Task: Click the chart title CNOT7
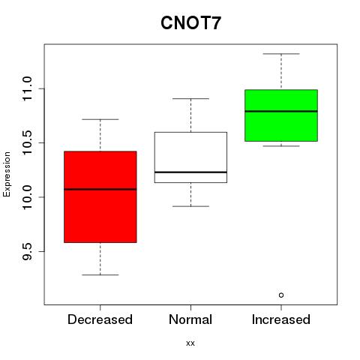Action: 190,23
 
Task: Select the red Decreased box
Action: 100,196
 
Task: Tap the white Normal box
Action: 190,157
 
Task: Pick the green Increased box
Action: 281,115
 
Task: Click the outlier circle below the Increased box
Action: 281,295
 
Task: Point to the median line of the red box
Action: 100,189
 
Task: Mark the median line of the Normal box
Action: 190,172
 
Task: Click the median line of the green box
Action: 281,111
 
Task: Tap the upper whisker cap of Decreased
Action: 100,119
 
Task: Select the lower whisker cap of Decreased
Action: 100,275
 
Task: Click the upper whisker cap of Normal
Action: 190,99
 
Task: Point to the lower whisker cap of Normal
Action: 190,206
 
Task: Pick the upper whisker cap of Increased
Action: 281,54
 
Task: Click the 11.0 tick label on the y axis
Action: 27,88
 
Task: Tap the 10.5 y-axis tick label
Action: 27,142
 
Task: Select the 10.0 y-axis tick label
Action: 27,197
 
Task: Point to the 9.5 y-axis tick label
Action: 27,251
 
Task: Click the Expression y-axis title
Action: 7,174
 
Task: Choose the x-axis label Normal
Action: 190,319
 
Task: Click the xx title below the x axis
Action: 190,343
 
